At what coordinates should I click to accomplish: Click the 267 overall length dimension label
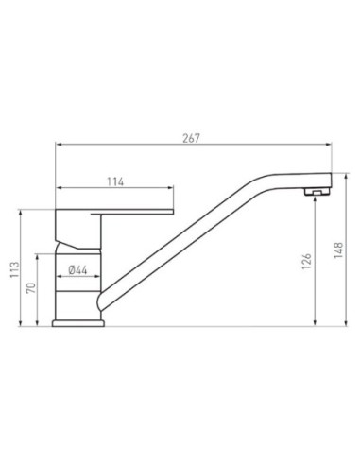191,138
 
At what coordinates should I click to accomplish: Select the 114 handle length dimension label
115,181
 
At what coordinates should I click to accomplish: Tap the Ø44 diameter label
77,270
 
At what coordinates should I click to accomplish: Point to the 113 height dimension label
14,269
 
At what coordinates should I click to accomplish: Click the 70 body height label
31,288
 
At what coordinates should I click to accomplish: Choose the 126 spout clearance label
306,261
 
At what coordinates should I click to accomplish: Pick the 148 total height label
338,250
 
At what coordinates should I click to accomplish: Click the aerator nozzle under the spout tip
317,192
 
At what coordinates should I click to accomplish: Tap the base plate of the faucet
78,323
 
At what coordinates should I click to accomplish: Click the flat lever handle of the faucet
132,212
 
